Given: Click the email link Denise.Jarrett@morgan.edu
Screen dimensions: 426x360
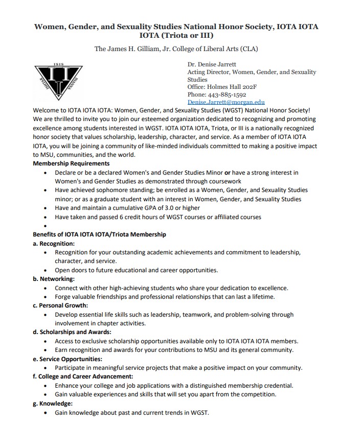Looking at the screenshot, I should (226, 102).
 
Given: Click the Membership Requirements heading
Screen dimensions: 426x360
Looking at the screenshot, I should (71, 163).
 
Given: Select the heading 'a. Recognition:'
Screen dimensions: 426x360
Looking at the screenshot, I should (54, 244).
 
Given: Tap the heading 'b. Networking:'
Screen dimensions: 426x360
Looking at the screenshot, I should (53, 279).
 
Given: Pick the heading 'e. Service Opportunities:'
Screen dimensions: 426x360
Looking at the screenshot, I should (67, 359).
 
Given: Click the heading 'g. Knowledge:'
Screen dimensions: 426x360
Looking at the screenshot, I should (52, 404).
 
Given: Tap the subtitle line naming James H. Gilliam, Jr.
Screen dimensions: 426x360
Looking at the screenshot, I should (176, 49).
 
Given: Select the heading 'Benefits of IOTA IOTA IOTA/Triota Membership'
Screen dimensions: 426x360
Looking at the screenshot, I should (99, 234).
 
